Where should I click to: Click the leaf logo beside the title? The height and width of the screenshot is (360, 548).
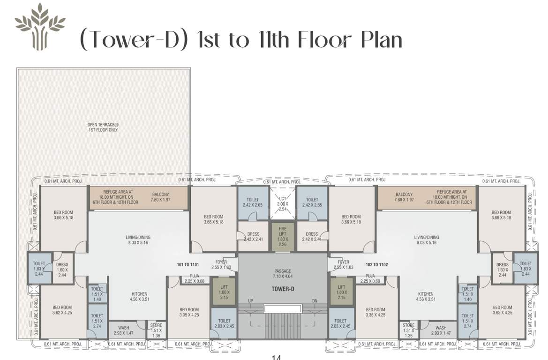40,26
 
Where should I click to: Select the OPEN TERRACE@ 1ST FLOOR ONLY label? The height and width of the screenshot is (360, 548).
103,127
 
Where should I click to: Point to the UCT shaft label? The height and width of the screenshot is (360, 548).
283,202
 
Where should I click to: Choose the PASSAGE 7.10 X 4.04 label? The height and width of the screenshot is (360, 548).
283,274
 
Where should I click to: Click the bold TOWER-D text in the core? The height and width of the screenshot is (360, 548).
283,289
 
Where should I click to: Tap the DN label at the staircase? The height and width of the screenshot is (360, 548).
315,301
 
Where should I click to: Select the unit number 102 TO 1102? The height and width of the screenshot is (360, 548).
376,264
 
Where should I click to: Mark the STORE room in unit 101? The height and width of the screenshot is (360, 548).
156,330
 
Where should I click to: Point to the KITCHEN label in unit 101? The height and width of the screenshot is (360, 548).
139,296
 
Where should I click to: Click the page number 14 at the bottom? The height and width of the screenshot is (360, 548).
276,357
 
